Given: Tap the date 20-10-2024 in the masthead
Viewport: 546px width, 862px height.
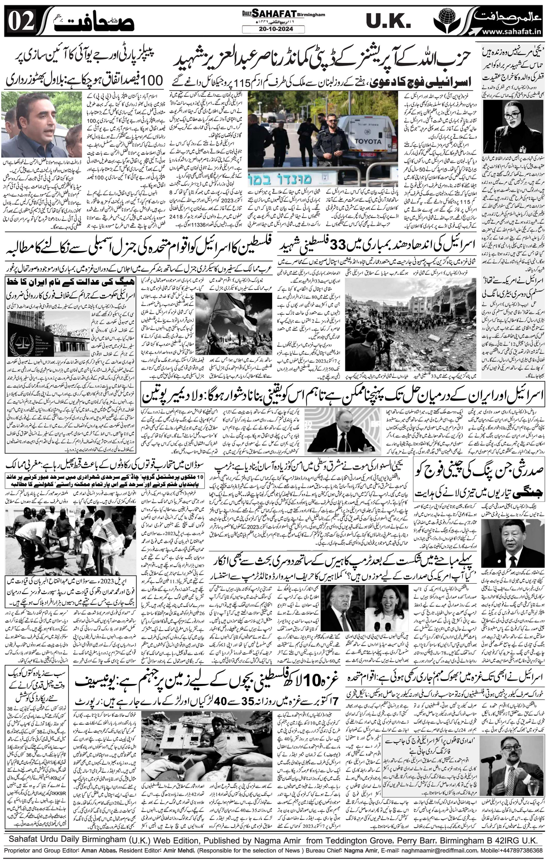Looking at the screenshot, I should [273, 29].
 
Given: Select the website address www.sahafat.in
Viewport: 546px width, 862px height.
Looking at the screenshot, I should [512, 32].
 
